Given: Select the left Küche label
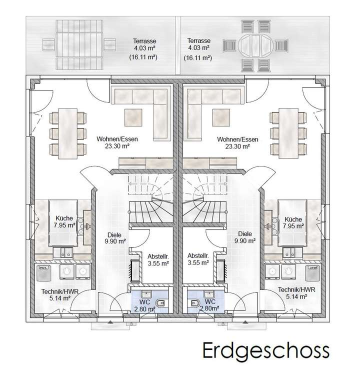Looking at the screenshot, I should click(x=64, y=218).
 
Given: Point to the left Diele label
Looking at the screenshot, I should click(x=114, y=233).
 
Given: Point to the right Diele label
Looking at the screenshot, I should click(x=245, y=233).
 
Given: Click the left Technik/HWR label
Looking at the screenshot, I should click(x=55, y=290).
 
